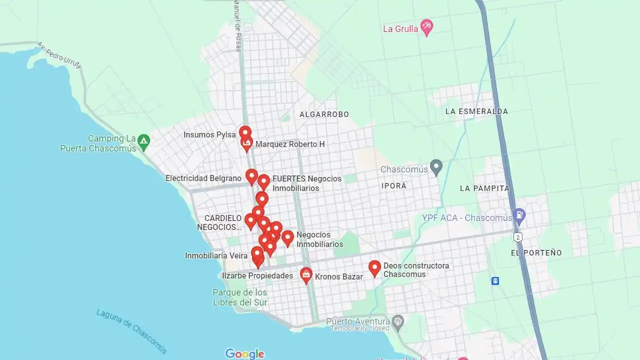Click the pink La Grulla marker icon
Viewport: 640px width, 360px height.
426,27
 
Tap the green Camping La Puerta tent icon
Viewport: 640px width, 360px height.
143,142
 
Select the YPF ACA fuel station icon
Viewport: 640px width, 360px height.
519,216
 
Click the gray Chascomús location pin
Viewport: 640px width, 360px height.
436,167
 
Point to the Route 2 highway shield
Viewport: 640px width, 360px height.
518,236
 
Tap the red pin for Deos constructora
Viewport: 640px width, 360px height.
374,268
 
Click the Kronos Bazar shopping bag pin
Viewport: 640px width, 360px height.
306,274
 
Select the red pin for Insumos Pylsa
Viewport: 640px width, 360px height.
245,133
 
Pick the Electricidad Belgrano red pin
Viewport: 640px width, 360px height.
251,176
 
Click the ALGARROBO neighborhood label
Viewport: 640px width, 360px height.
324,114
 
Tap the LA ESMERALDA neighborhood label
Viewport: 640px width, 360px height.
476,111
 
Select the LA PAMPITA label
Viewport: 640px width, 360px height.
484,188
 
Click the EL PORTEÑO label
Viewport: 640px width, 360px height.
536,253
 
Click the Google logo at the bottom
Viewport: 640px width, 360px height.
244,353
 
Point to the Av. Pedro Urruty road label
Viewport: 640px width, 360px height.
58,55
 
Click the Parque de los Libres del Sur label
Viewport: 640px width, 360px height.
239,297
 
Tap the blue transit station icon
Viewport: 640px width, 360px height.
495,281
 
